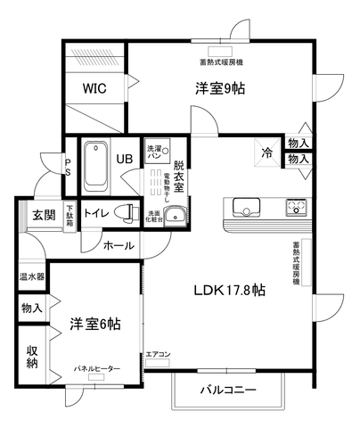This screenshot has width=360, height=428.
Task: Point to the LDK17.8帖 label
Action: pos(230,290)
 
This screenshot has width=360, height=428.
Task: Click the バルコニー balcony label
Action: pos(227,391)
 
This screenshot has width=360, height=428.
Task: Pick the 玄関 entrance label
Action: pos(45,214)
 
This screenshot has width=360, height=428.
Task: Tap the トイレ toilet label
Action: pos(96,214)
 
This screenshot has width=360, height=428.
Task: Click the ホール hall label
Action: pos(119,246)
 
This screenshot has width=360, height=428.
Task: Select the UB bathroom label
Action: pos(124,158)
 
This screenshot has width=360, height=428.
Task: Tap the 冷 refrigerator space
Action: pos(266,152)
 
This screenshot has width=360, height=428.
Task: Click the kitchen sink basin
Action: pos(247,209)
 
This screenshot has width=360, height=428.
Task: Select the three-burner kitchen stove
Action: pos(295,209)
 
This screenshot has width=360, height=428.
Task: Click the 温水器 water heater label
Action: pos(33,277)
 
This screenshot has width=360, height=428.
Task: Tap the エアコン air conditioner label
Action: pos(158,355)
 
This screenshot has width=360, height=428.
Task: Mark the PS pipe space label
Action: pos(68,167)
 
